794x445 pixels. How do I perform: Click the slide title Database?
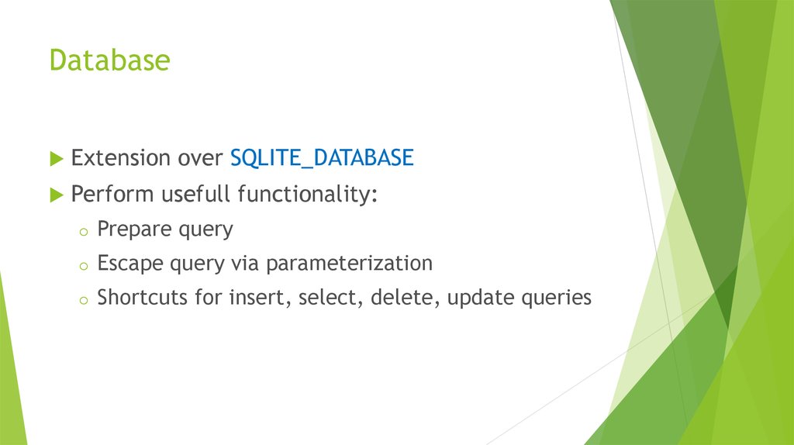[109, 60]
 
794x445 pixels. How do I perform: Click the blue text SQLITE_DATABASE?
[322, 158]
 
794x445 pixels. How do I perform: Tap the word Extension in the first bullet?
[120, 158]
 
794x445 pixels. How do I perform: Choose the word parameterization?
[349, 264]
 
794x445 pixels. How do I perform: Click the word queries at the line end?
[556, 298]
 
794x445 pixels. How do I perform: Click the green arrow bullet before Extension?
[56, 159]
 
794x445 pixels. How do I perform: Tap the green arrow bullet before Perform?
[56, 194]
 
